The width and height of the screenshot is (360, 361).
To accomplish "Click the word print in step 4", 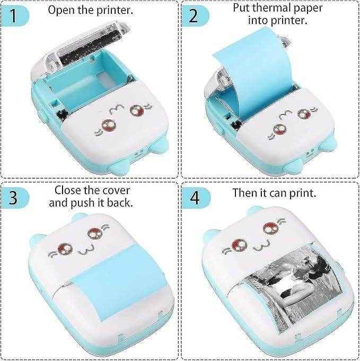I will pyautogui.click(x=304, y=192).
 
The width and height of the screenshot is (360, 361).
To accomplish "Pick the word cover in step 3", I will pyautogui.click(x=114, y=190).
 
